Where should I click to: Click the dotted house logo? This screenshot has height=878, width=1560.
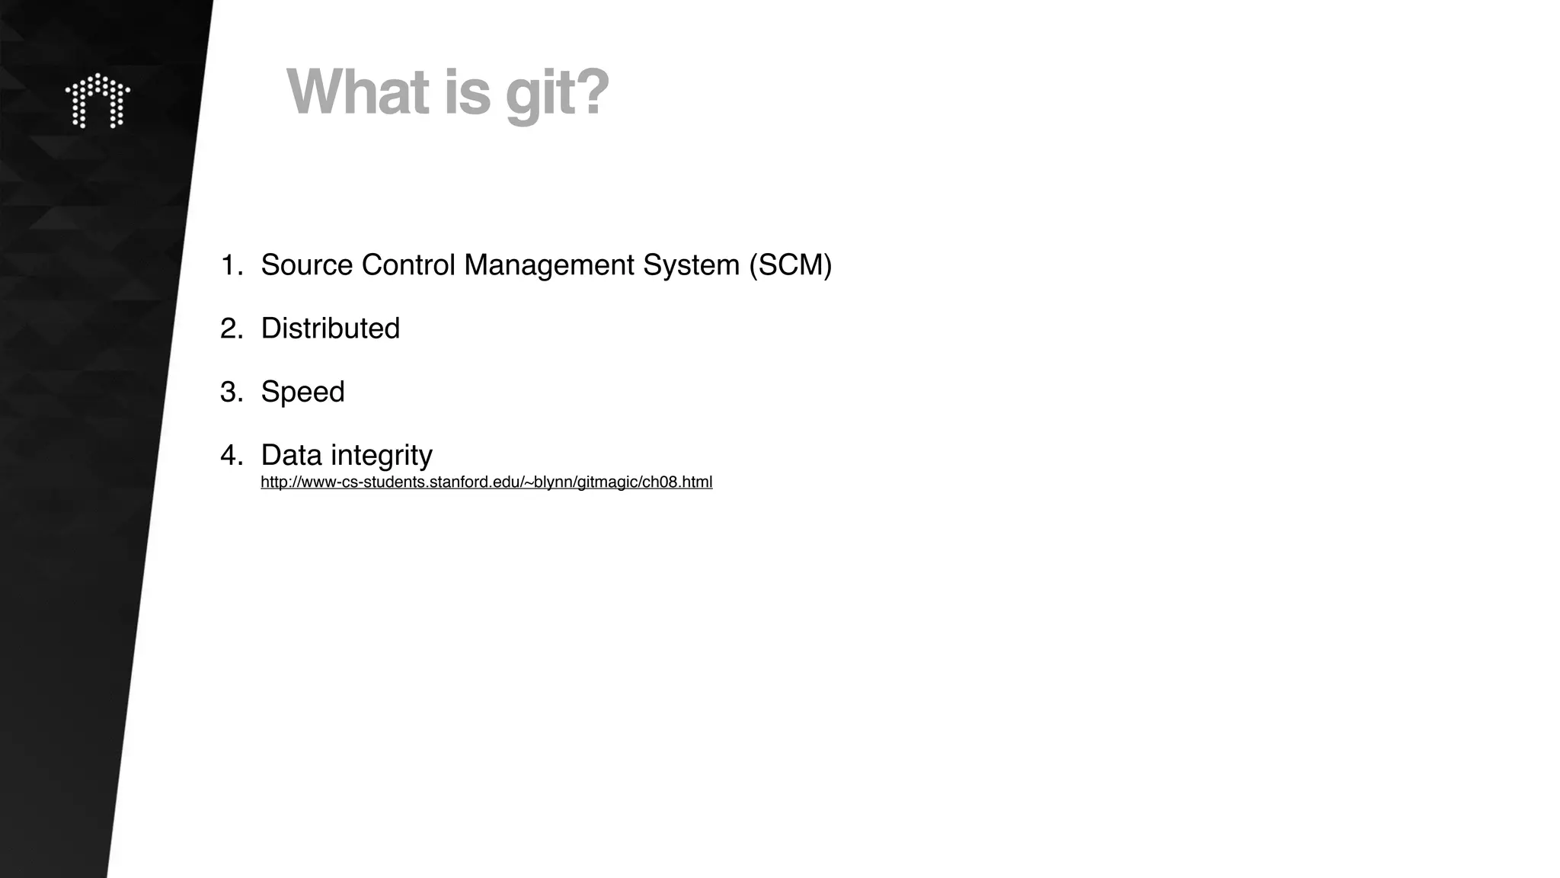coord(97,101)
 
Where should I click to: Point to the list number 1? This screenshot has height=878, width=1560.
coord(230,265)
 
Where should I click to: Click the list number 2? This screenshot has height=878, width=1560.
coord(230,328)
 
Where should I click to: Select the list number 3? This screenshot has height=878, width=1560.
coord(230,392)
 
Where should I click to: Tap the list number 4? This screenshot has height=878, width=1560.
coord(230,455)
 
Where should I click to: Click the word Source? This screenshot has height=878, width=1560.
coord(307,265)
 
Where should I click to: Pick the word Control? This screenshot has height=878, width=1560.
coord(408,265)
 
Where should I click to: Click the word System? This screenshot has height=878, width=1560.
coord(691,265)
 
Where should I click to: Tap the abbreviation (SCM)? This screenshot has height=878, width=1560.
coord(790,265)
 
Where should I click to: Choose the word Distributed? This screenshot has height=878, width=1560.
coord(330,328)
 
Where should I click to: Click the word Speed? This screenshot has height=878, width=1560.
coord(302,392)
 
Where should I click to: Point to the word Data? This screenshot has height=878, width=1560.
coord(291,455)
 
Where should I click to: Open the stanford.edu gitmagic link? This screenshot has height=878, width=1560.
coord(486,482)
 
